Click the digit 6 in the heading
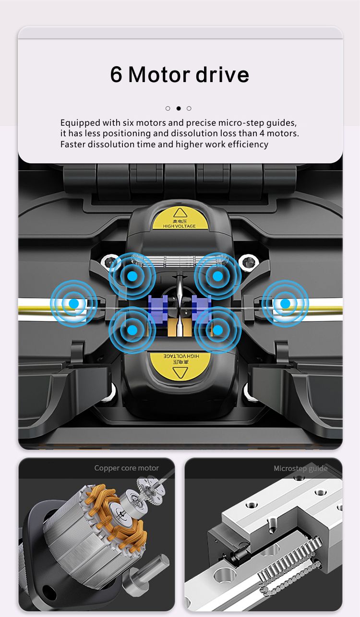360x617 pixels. pyautogui.click(x=116, y=74)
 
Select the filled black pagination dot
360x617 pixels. pyautogui.click(x=179, y=108)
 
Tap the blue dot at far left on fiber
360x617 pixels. pyautogui.click(x=73, y=303)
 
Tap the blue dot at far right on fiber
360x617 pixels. pyautogui.click(x=285, y=303)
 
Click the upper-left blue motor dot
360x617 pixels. pyautogui.click(x=132, y=276)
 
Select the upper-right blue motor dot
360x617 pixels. pyautogui.click(x=218, y=276)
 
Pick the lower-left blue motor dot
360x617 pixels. pyautogui.click(x=132, y=330)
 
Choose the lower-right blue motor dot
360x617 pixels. pyautogui.click(x=218, y=330)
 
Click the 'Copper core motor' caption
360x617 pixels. pyautogui.click(x=127, y=468)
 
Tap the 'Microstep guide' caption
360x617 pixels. pyautogui.click(x=300, y=469)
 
